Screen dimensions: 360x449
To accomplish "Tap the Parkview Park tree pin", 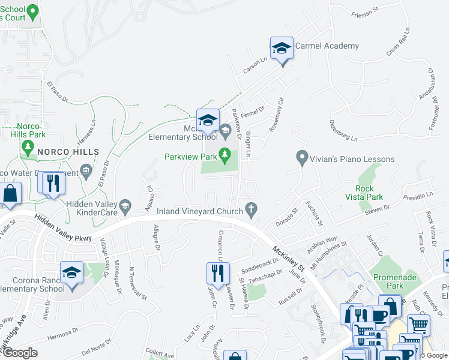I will pyautogui.click(x=225, y=156).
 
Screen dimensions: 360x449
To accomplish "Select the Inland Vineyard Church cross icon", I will pyautogui.click(x=253, y=210).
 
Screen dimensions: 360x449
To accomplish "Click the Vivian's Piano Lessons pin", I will pyautogui.click(x=303, y=159).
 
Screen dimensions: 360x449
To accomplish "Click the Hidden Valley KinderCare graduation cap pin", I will pyautogui.click(x=125, y=207).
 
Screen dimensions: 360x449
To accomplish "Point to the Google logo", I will pyautogui.click(x=20, y=353).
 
